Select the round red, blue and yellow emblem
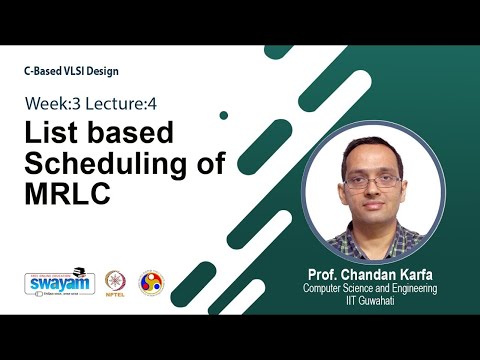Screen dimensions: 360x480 click(x=150, y=282)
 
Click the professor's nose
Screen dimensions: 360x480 click(x=373, y=190)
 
